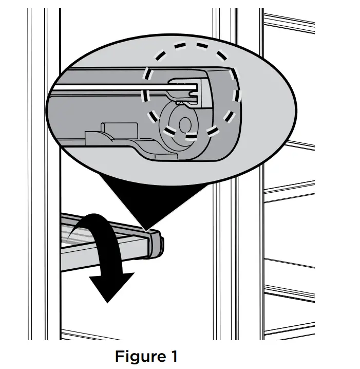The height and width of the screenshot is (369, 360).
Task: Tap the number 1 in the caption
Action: tap(174, 356)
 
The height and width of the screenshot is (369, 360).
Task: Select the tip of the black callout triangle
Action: tap(145, 229)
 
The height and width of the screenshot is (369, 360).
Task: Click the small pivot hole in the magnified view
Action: tap(185, 124)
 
